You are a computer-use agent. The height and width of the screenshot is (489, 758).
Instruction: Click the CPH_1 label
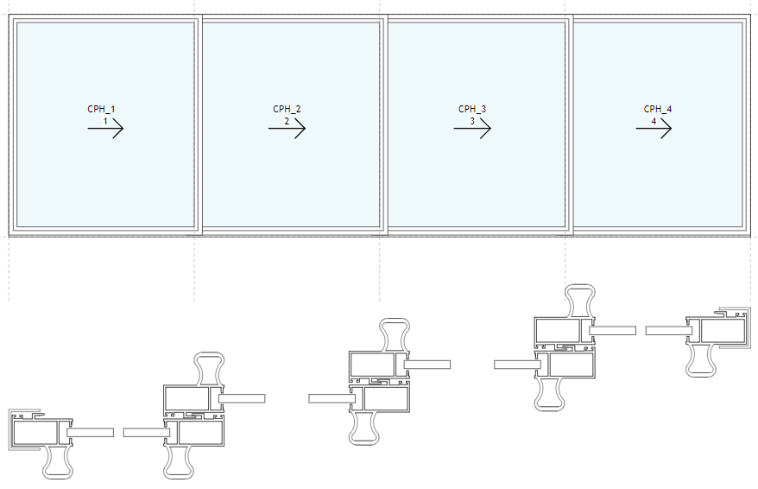101,109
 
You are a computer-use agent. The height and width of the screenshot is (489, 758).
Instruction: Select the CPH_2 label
287,109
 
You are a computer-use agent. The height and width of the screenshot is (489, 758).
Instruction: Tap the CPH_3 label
472,109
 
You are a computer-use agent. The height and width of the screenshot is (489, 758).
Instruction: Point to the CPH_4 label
658,109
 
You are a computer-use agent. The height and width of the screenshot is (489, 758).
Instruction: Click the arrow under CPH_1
106,129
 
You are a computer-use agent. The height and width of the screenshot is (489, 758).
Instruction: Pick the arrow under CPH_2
287,129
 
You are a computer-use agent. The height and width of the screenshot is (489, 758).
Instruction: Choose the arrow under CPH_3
473,129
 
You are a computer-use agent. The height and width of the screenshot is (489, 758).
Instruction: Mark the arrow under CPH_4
654,129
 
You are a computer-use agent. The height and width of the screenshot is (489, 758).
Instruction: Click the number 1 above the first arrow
105,122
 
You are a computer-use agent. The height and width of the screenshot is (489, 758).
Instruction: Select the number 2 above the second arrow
287,122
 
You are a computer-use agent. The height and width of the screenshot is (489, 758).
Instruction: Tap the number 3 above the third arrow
472,122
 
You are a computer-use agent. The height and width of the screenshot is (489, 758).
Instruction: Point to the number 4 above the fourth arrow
654,122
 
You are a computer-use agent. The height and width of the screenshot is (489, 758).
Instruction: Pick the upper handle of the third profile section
395,335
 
